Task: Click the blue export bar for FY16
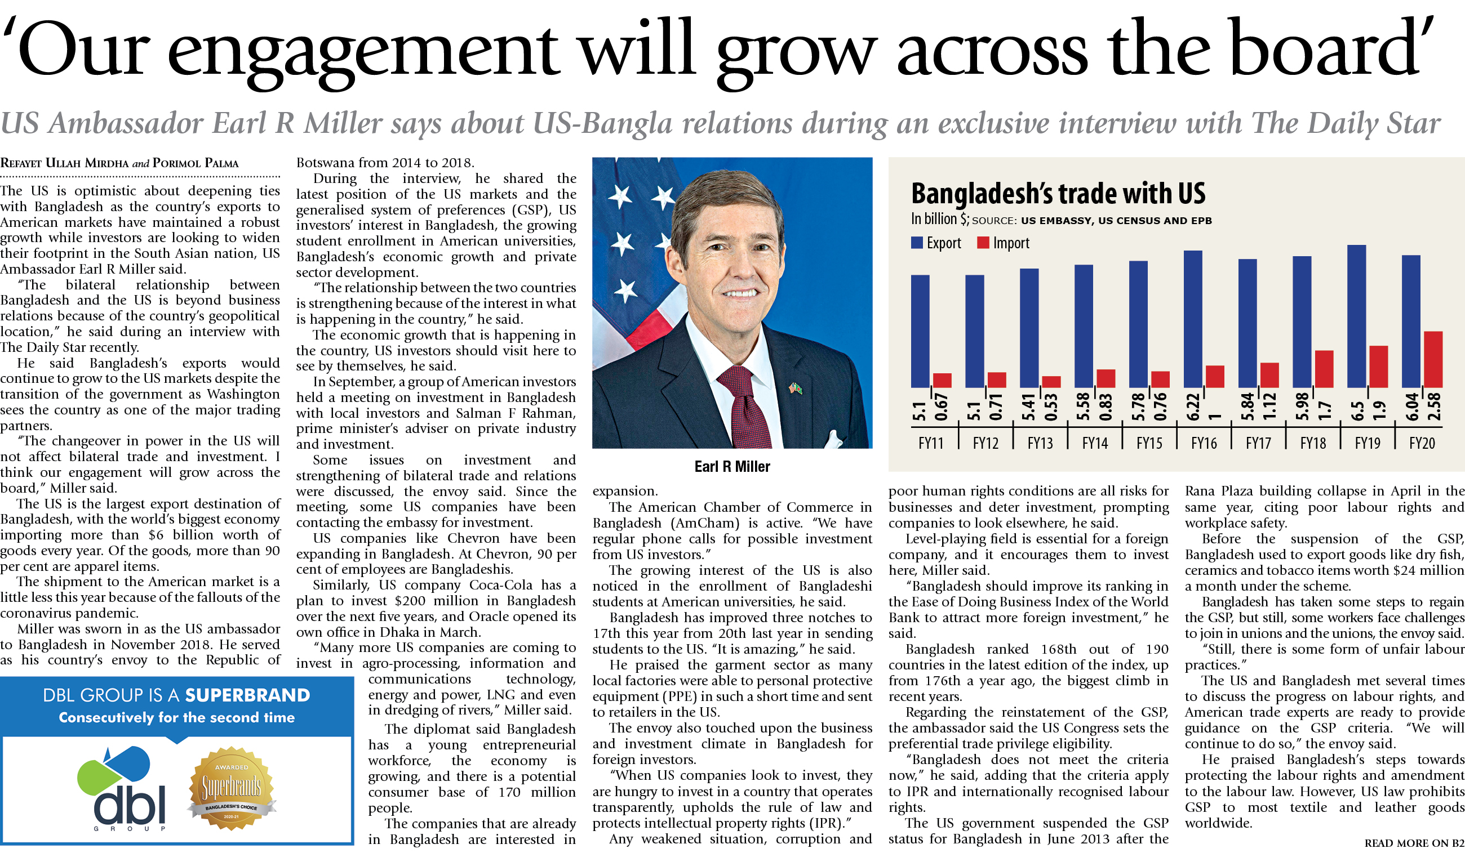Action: (1192, 319)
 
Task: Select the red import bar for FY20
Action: (1433, 359)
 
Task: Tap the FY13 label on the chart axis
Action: (1040, 443)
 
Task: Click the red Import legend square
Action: (983, 242)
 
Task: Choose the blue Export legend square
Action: (917, 242)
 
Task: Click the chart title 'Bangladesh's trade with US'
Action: (1058, 194)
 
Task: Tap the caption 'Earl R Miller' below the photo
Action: (732, 467)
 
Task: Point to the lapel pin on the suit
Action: (794, 388)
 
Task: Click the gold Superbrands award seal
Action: (232, 788)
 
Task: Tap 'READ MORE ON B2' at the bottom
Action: (1414, 843)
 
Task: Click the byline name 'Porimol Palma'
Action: (196, 163)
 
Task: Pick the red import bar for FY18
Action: (1324, 369)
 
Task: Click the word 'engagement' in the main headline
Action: (363, 52)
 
